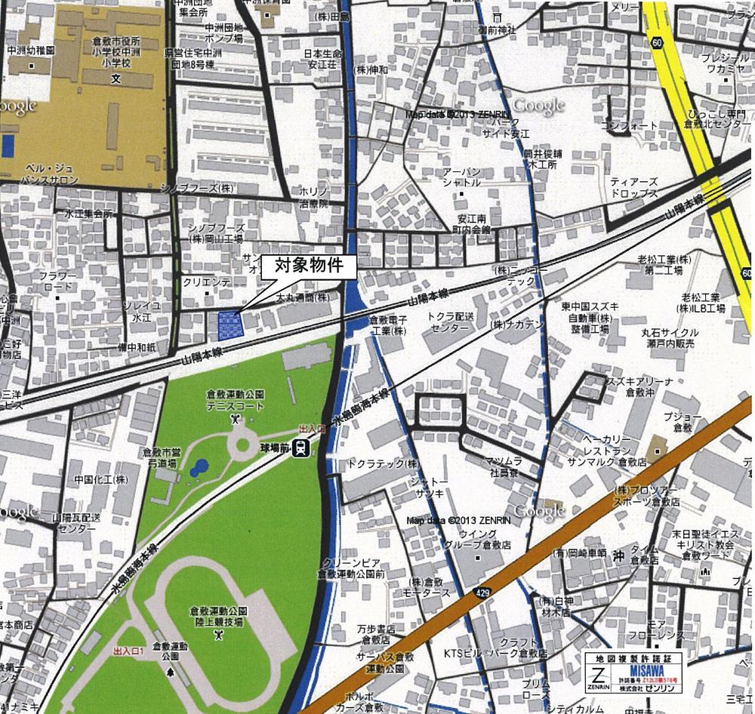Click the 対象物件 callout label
click(x=309, y=266)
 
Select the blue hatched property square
click(x=230, y=325)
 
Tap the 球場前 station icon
click(x=301, y=448)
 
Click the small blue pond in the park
click(x=199, y=468)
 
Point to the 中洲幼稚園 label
click(x=30, y=50)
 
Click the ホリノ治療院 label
click(x=313, y=198)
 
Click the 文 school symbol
click(x=116, y=78)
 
